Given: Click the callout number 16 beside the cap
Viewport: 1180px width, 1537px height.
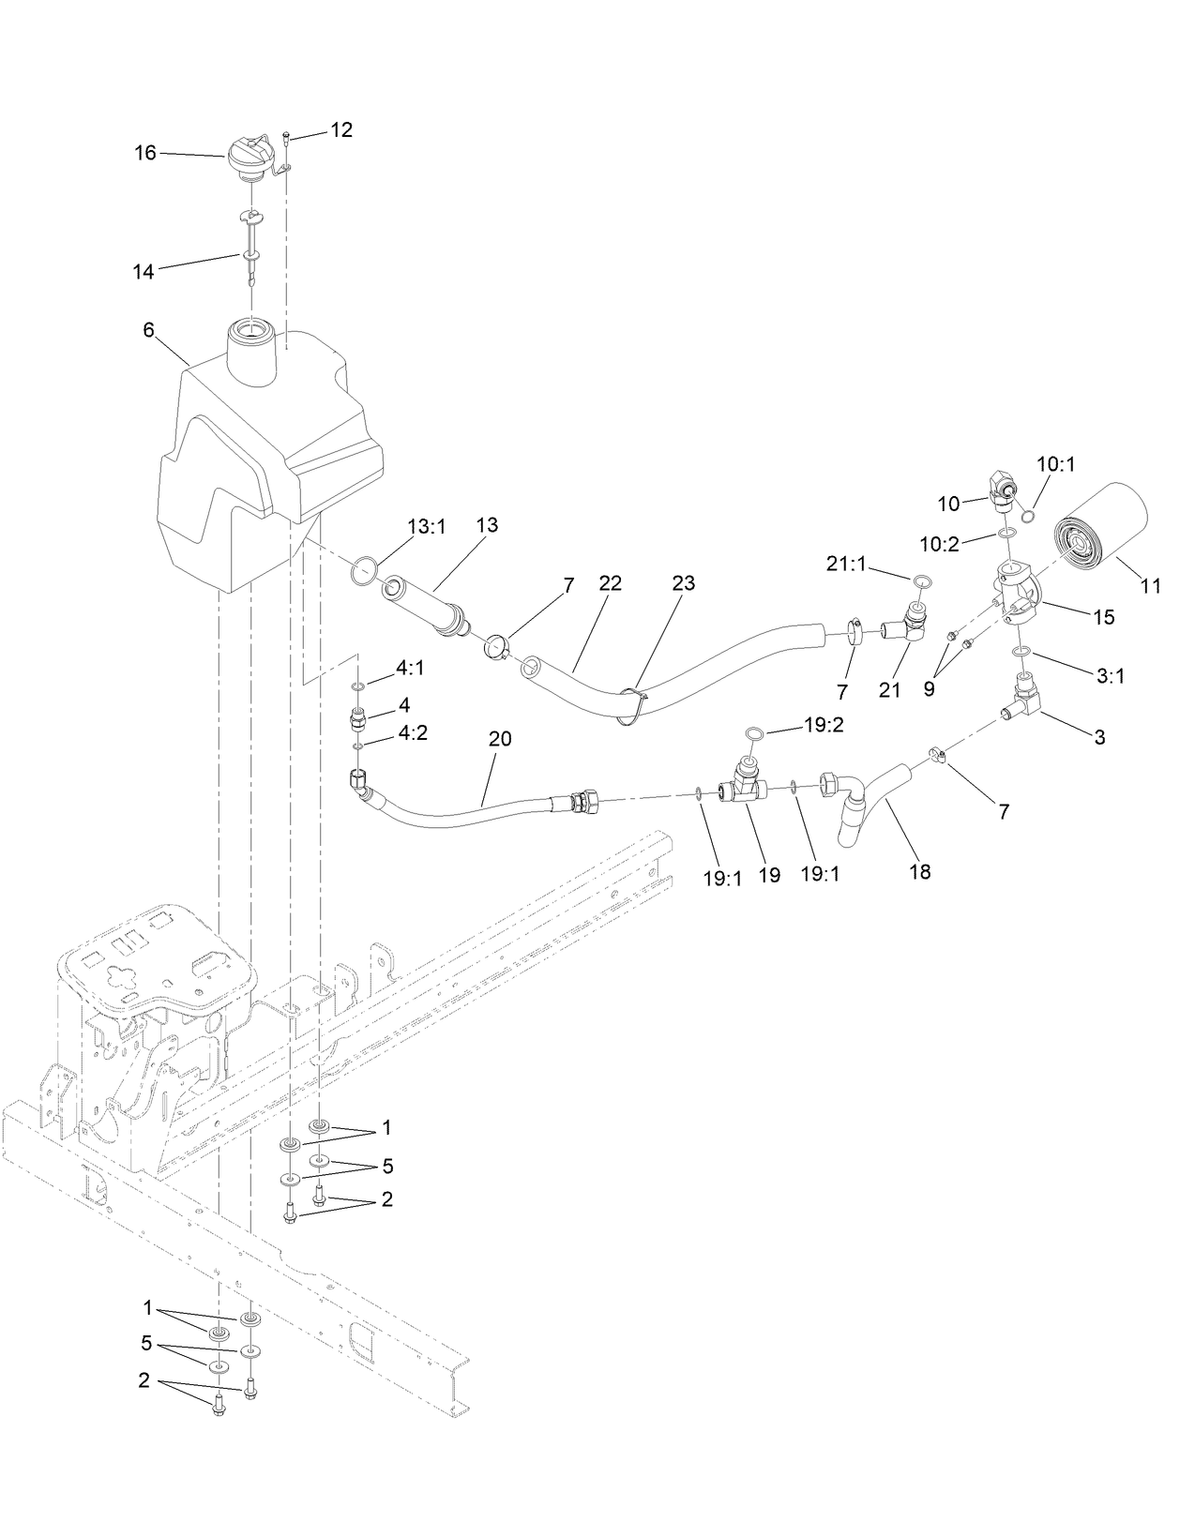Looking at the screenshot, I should coord(145,152).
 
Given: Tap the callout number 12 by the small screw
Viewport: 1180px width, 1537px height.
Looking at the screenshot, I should coord(341,130).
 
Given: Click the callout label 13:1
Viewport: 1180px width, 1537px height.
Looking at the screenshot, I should coord(427,528).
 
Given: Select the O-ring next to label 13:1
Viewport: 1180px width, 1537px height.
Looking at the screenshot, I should coord(365,568).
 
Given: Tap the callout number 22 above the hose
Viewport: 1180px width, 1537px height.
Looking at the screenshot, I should coord(610,583).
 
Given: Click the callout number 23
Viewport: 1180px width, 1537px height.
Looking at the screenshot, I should coord(684,583).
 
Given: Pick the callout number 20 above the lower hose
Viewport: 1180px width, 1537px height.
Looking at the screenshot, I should coord(500,738).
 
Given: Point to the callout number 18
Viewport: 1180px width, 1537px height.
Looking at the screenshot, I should coord(920,871).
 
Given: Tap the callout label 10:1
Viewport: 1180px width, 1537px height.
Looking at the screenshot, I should coord(1056,463).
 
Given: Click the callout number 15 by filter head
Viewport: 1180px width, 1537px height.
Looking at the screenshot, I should coord(1103,617).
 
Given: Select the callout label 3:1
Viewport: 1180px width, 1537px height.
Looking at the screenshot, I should coord(1110,675).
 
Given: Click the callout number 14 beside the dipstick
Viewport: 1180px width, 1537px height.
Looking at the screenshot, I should coord(143,272).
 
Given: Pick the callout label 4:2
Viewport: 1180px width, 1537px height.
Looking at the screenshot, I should coord(411,733).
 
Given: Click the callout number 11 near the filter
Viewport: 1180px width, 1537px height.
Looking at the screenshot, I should coord(1150,587).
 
